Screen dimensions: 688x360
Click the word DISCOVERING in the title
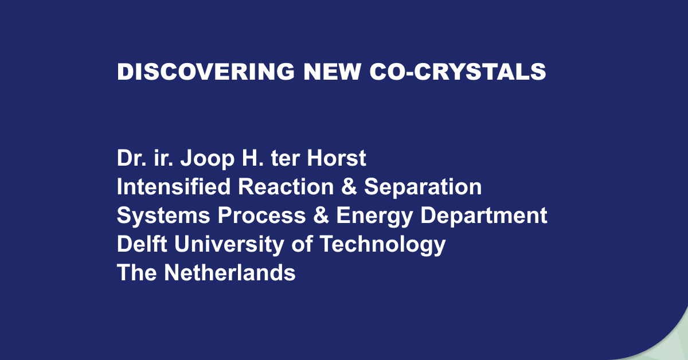point(206,72)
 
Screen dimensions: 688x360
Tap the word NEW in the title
point(332,72)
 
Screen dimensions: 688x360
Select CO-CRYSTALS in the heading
point(458,72)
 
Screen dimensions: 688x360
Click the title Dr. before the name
point(132,158)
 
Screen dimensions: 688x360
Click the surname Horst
point(337,158)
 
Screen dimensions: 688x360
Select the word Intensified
point(174,186)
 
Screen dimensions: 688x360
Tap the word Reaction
point(286,186)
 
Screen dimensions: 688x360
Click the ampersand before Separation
point(349,186)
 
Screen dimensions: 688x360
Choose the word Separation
point(423,187)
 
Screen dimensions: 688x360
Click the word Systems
point(163,216)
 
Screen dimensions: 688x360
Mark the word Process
point(261,216)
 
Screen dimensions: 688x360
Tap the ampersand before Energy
point(321,216)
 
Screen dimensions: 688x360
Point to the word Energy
point(375,216)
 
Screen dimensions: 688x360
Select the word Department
point(484,216)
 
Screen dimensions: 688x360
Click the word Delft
point(142,244)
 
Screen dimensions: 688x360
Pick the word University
point(229,245)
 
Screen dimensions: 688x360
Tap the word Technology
point(383,245)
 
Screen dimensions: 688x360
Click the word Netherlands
point(230,272)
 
